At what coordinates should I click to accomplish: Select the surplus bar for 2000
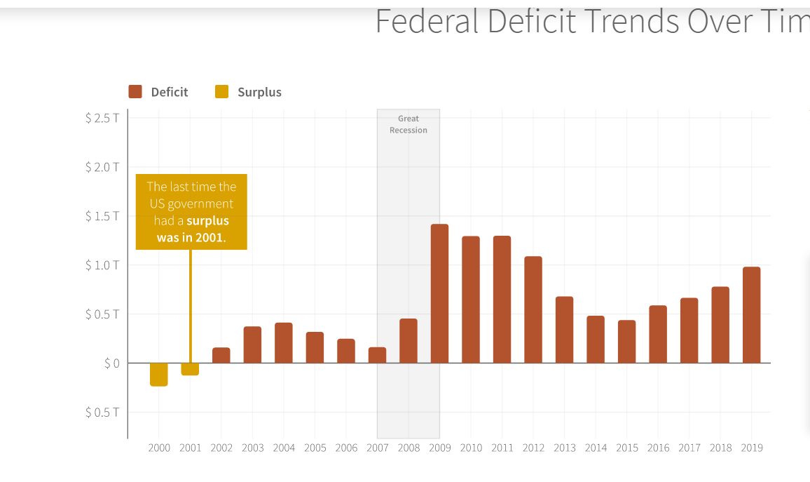(159, 375)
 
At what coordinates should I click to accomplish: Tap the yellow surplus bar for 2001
(190, 369)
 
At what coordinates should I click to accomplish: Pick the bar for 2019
(751, 315)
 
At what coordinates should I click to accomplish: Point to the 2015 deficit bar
(626, 342)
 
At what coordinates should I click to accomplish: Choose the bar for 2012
(533, 309)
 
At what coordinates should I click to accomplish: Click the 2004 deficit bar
(284, 343)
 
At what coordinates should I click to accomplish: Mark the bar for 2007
(377, 355)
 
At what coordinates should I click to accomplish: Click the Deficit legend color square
(135, 92)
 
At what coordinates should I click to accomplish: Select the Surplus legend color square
(221, 92)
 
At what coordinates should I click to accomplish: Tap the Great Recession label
(409, 125)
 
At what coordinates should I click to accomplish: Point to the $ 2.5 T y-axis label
(102, 118)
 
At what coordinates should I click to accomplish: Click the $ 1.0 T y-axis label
(102, 265)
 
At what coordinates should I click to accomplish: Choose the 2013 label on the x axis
(564, 448)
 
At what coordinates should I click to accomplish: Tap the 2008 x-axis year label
(409, 448)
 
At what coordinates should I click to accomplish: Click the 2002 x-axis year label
(221, 448)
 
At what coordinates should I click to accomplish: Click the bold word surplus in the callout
(207, 221)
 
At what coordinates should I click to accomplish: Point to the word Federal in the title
(427, 22)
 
